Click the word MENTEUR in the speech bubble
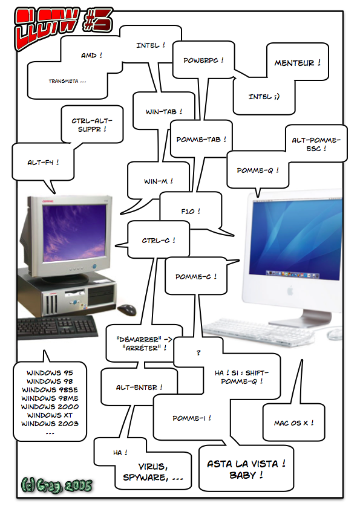(294, 63)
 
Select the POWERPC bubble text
(203, 60)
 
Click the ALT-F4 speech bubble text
(43, 162)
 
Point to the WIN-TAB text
(164, 112)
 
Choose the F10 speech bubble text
(191, 212)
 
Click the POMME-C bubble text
(196, 277)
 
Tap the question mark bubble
(198, 352)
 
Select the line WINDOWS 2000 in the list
(50, 407)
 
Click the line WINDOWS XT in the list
(50, 415)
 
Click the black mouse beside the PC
(126, 310)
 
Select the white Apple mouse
(335, 334)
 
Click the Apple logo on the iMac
(290, 291)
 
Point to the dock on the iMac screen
(293, 274)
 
